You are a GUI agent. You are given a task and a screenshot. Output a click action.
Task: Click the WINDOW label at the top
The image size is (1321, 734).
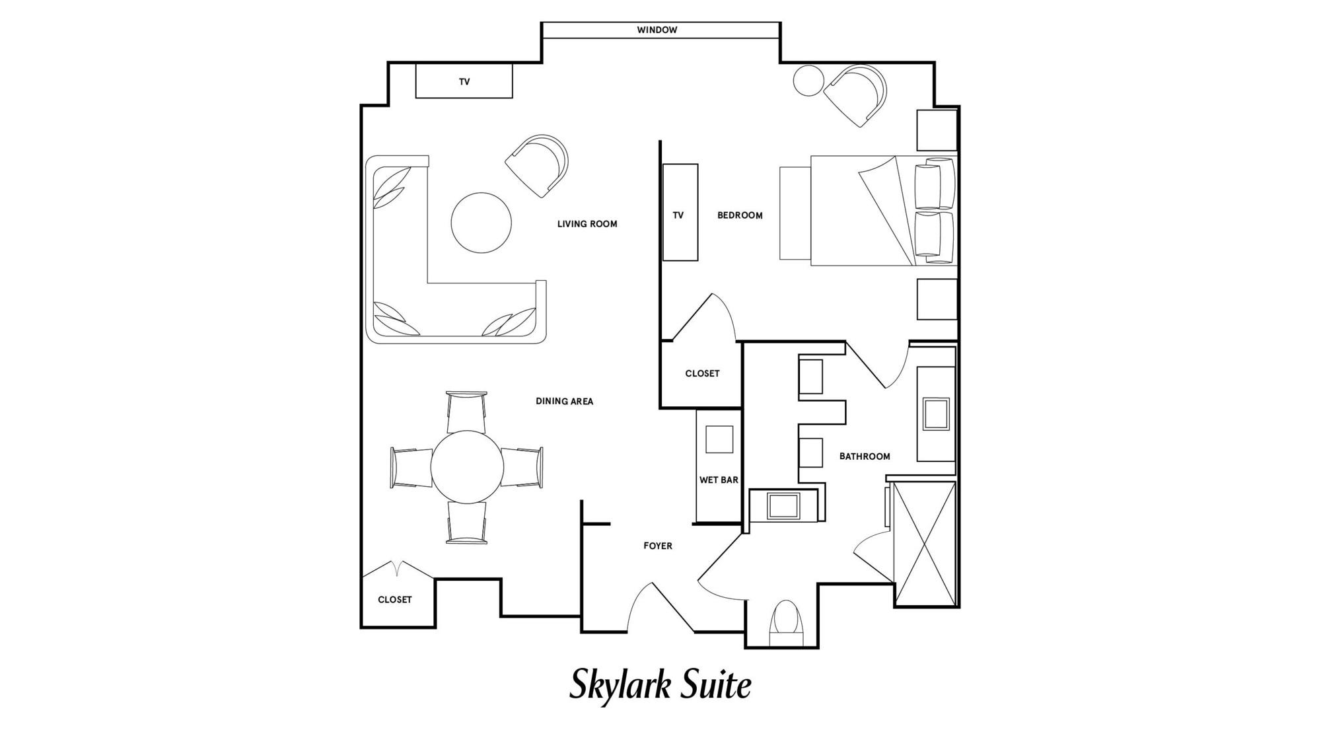pyautogui.click(x=657, y=30)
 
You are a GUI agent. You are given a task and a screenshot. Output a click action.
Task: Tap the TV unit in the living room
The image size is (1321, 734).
pyautogui.click(x=464, y=81)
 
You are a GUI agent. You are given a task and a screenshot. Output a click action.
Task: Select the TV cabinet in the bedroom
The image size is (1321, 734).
pyautogui.click(x=680, y=212)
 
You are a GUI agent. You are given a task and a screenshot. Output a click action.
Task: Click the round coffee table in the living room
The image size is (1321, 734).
pyautogui.click(x=481, y=223)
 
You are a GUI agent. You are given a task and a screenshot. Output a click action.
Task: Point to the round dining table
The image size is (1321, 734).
pyautogui.click(x=467, y=466)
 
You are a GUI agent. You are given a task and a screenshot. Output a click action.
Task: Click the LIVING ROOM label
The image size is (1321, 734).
pyautogui.click(x=587, y=224)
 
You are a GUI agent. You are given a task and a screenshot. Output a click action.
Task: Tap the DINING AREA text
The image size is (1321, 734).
pyautogui.click(x=564, y=401)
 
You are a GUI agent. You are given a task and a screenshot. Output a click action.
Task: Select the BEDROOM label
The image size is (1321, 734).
pyautogui.click(x=740, y=215)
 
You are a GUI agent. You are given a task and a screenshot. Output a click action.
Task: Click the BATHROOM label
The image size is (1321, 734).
pyautogui.click(x=865, y=457)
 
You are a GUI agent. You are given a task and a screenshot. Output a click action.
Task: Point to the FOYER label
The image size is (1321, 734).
pyautogui.click(x=658, y=546)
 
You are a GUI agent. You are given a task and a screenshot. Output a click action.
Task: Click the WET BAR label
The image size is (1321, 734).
pyautogui.click(x=719, y=480)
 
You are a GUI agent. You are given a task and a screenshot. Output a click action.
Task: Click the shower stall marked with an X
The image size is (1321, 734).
pyautogui.click(x=924, y=544)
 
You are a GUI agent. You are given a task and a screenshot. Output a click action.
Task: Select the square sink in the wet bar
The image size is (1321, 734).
pyautogui.click(x=719, y=439)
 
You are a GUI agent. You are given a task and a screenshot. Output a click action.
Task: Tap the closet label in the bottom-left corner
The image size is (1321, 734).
pyautogui.click(x=395, y=600)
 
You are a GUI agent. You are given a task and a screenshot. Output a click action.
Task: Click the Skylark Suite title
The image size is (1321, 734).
pyautogui.click(x=660, y=685)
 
